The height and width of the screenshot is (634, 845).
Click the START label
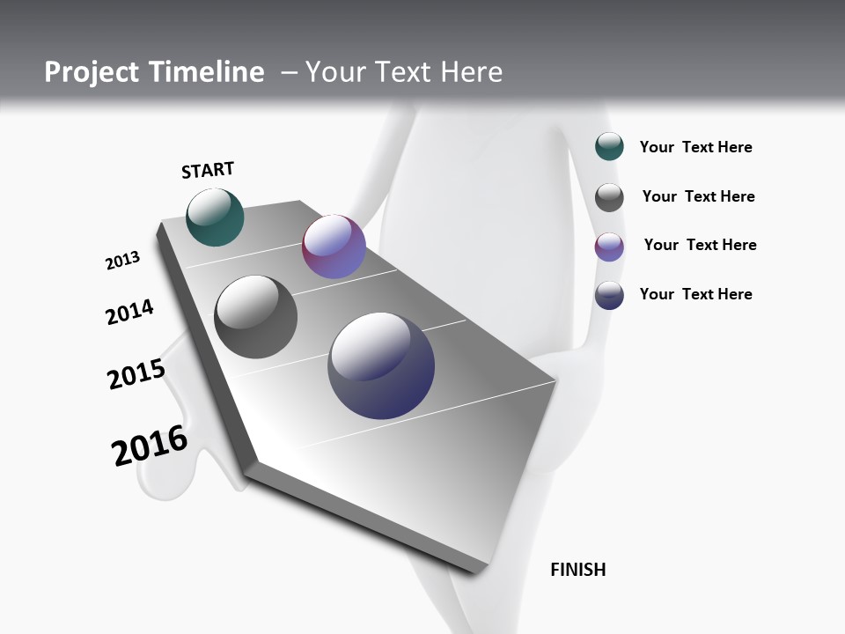coord(208,169)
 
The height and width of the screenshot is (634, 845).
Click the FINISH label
coord(577,570)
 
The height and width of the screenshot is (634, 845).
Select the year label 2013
coord(122,261)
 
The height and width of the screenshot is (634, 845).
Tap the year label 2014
coord(129,313)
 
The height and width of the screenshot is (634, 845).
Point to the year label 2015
coord(136,374)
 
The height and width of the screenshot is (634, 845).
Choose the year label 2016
coord(150,445)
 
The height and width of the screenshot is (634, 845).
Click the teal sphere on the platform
coord(215,217)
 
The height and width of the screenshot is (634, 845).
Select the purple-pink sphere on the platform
coord(334,247)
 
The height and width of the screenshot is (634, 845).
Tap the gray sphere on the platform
coord(255,316)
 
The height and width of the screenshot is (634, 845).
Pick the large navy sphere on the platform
coord(381,365)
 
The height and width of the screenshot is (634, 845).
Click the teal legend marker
coord(609,146)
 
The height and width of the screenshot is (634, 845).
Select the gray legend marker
coord(609,197)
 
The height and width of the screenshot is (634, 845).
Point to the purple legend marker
coord(609,247)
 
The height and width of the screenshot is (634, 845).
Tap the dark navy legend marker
coord(609,295)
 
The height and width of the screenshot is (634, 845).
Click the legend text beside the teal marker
coord(695,147)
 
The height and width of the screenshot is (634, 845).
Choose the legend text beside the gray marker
coord(698,196)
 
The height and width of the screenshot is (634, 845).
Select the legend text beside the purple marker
coord(700,245)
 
